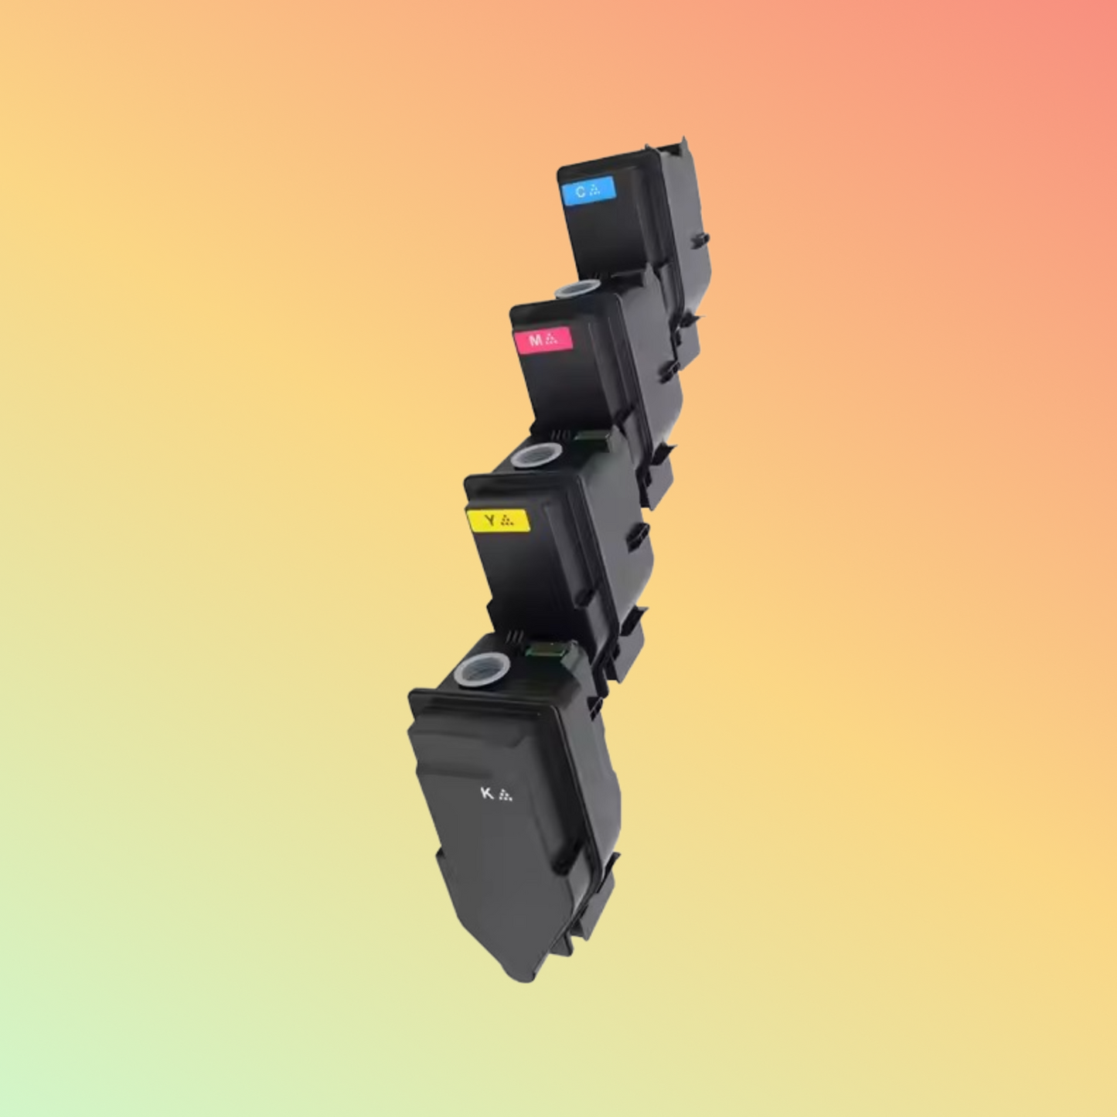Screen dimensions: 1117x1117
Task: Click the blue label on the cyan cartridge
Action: point(588,190)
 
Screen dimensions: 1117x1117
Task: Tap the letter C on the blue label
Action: point(580,192)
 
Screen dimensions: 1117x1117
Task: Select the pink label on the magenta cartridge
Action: point(543,339)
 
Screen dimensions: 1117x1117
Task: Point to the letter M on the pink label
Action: point(535,340)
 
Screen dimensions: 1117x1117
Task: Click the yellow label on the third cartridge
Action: point(499,520)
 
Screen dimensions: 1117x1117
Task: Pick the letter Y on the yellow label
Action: point(489,520)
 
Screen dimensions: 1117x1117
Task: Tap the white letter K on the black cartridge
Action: point(486,793)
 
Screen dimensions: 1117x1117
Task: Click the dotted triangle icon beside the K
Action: point(506,795)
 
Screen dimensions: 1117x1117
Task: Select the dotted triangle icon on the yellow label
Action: point(507,520)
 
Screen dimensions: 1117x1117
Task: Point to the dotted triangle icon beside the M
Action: point(551,339)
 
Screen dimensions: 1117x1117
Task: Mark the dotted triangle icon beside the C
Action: point(594,189)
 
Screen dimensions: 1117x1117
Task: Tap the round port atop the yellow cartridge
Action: point(536,455)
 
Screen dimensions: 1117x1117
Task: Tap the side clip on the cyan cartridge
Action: point(700,240)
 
